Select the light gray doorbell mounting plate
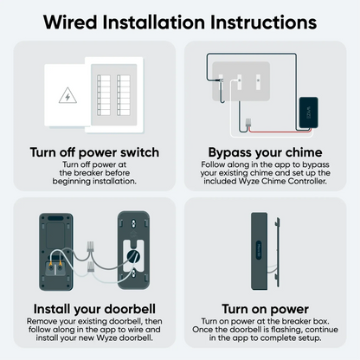click(132, 250)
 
